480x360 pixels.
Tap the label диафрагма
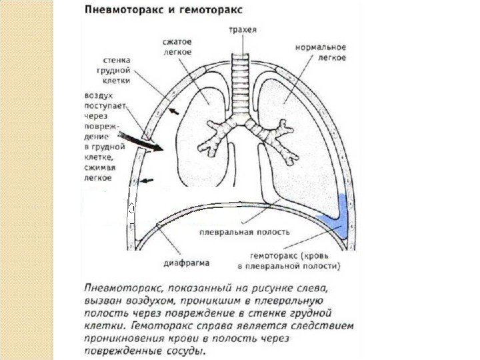click(x=190, y=263)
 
